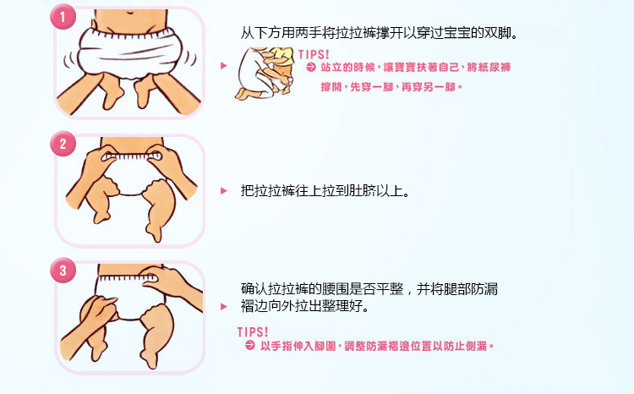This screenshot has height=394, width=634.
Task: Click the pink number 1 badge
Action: click(x=63, y=17)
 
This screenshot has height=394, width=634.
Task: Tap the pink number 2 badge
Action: click(x=63, y=144)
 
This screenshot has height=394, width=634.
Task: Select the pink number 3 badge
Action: click(x=63, y=271)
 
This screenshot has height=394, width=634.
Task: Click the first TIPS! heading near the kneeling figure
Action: click(x=314, y=54)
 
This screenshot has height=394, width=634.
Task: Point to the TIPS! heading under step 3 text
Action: click(x=253, y=332)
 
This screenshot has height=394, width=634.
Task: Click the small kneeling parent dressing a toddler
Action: click(x=265, y=74)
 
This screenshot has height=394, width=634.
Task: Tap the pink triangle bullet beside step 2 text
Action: click(x=224, y=191)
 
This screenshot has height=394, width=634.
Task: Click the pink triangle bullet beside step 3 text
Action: click(x=224, y=307)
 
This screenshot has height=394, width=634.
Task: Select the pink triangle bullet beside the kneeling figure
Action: click(x=224, y=66)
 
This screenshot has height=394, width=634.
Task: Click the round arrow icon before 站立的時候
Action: click(x=311, y=67)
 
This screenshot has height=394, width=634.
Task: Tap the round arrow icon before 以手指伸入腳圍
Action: click(x=250, y=345)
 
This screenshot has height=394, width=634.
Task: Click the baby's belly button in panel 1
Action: click(x=130, y=13)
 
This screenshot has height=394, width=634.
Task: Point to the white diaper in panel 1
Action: click(x=129, y=52)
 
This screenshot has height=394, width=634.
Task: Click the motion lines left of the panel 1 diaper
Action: click(x=68, y=60)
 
